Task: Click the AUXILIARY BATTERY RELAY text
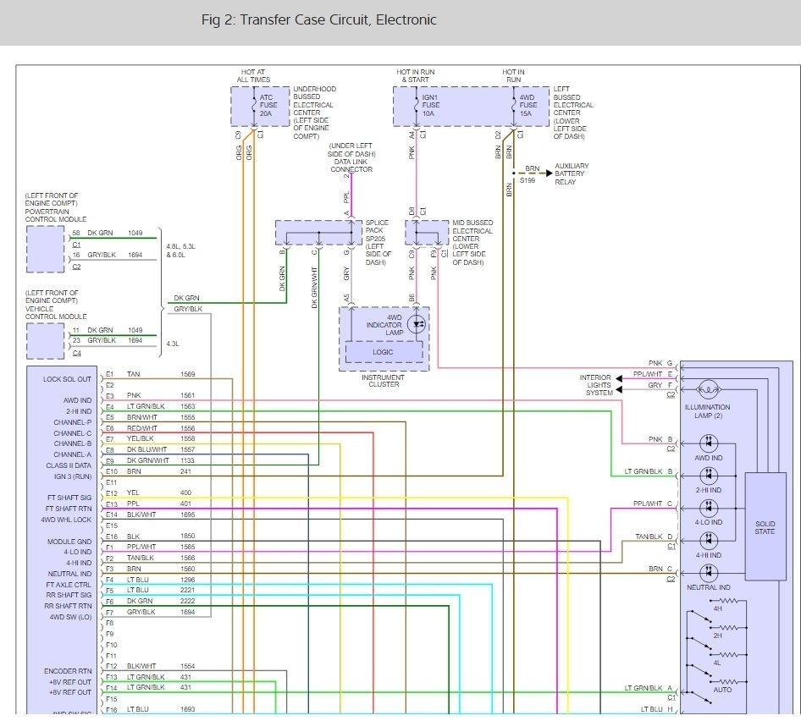(x=572, y=174)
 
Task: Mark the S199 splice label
(x=528, y=181)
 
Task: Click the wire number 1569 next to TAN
(x=187, y=374)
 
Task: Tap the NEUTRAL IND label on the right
(x=707, y=587)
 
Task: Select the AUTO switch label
(x=722, y=690)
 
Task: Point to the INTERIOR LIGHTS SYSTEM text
(x=596, y=385)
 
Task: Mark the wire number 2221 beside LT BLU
(x=187, y=590)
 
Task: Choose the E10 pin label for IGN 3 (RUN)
(x=111, y=471)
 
